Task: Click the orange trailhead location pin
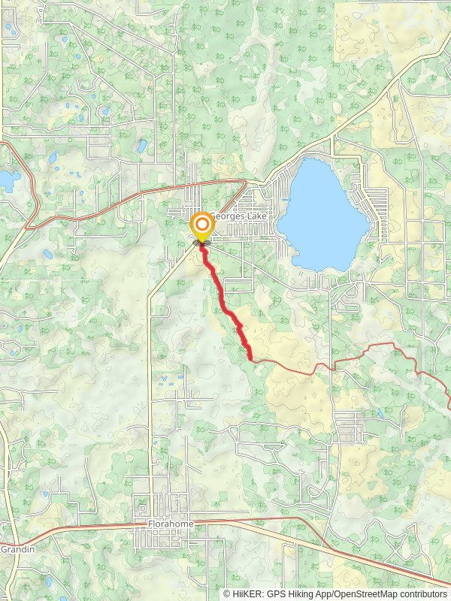coord(201,228)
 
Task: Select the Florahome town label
coord(171,523)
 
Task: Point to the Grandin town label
coord(14,549)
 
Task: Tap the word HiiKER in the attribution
coord(245,593)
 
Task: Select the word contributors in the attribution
coord(425,593)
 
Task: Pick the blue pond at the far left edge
coord(9,180)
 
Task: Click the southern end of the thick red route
coord(250,358)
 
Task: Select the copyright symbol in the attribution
coord(227,593)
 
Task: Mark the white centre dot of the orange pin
coord(201,225)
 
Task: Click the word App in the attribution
coord(324,593)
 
